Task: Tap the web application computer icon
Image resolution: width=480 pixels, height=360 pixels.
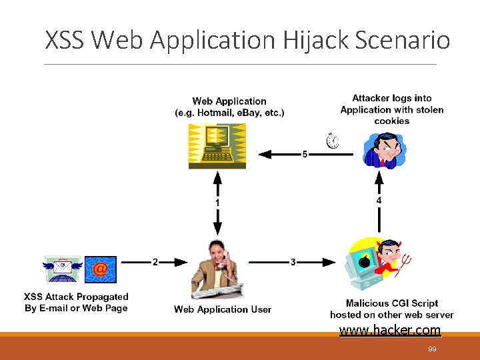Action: pos(217,146)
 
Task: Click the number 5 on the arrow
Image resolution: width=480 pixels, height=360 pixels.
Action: pos(305,155)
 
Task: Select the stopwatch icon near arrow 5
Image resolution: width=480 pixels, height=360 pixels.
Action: pos(332,141)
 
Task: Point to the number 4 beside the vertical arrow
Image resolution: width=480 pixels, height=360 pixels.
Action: pos(379,199)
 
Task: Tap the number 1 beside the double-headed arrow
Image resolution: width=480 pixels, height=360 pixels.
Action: pos(217,202)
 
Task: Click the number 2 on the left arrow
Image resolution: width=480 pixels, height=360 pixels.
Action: pos(155,262)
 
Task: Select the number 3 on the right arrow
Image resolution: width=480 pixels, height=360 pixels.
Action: pos(293,262)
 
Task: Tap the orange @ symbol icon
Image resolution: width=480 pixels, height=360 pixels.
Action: pos(99,269)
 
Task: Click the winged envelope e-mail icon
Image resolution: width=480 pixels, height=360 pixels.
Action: pos(62,268)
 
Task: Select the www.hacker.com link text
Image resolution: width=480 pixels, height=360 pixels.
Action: pos(390,329)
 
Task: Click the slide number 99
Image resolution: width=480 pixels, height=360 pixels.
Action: pos(433,349)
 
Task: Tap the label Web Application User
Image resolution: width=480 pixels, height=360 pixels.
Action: pos(223,309)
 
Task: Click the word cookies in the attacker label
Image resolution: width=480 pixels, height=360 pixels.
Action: pos(391,121)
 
